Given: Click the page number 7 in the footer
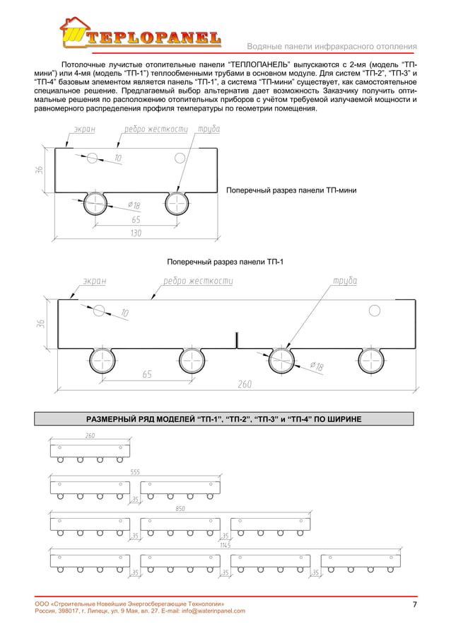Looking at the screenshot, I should tap(414, 604).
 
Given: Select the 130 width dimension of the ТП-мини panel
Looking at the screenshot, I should tap(136, 234).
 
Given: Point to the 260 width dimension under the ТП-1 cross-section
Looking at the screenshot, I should tap(245, 384).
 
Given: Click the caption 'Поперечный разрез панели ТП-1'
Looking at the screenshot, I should tap(225, 263).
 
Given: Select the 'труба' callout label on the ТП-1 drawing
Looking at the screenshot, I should tap(344, 281).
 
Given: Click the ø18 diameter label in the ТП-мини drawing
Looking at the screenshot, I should tap(134, 205).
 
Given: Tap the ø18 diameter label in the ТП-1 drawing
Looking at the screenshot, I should tap(317, 366).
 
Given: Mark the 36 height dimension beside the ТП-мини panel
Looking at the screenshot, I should tap(40, 170).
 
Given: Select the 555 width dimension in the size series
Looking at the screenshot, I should tap(134, 471).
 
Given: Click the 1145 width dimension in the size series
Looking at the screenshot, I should tap(225, 545).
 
